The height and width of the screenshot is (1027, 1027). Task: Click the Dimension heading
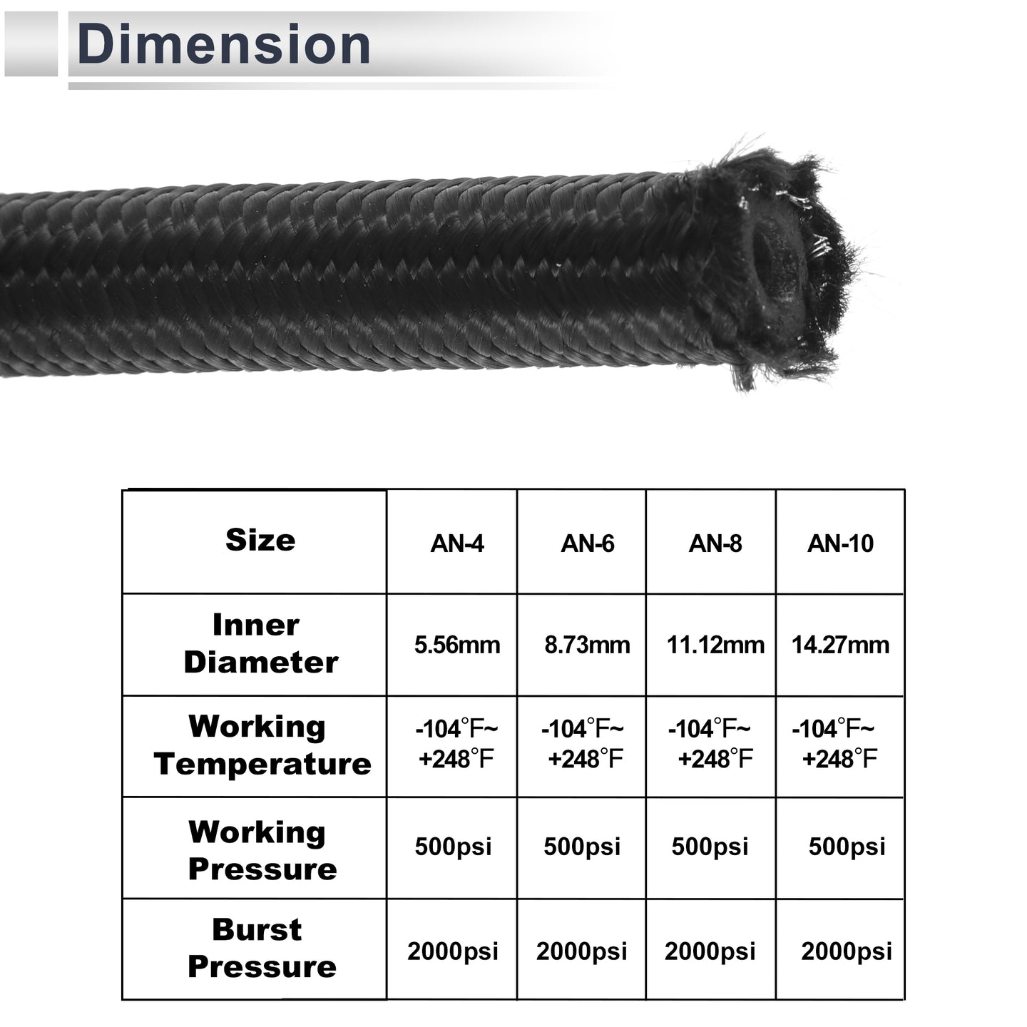224,44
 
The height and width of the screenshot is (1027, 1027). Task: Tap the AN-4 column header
457,544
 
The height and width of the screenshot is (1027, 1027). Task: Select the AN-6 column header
587,544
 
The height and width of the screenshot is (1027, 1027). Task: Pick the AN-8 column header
715,544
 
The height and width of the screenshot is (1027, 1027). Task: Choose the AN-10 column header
840,544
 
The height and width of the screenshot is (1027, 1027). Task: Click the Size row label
260,541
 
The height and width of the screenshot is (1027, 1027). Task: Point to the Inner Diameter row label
260,644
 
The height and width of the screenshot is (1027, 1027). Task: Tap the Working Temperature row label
262,745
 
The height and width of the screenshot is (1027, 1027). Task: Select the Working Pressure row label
262,851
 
